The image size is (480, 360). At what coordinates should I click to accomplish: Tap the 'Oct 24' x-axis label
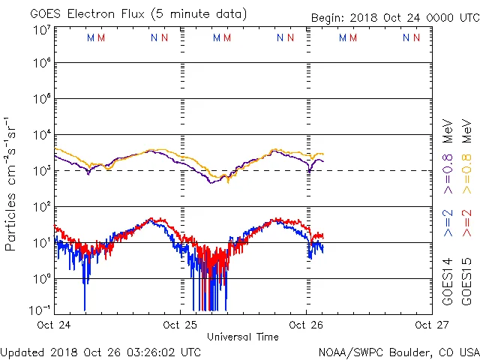53,325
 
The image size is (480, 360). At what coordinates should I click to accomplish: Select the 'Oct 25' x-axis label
180,325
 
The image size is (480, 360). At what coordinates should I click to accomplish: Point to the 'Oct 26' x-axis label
307,325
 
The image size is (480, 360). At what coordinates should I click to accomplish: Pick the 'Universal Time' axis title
243,337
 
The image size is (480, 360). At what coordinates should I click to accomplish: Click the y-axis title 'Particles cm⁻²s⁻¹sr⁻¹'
11,184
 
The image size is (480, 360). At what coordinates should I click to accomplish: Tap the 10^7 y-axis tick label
42,30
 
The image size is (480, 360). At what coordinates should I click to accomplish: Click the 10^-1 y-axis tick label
40,309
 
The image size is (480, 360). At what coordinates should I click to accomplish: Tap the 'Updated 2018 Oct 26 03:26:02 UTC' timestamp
100,352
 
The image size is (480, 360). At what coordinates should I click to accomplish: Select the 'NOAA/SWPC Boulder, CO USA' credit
398,352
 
